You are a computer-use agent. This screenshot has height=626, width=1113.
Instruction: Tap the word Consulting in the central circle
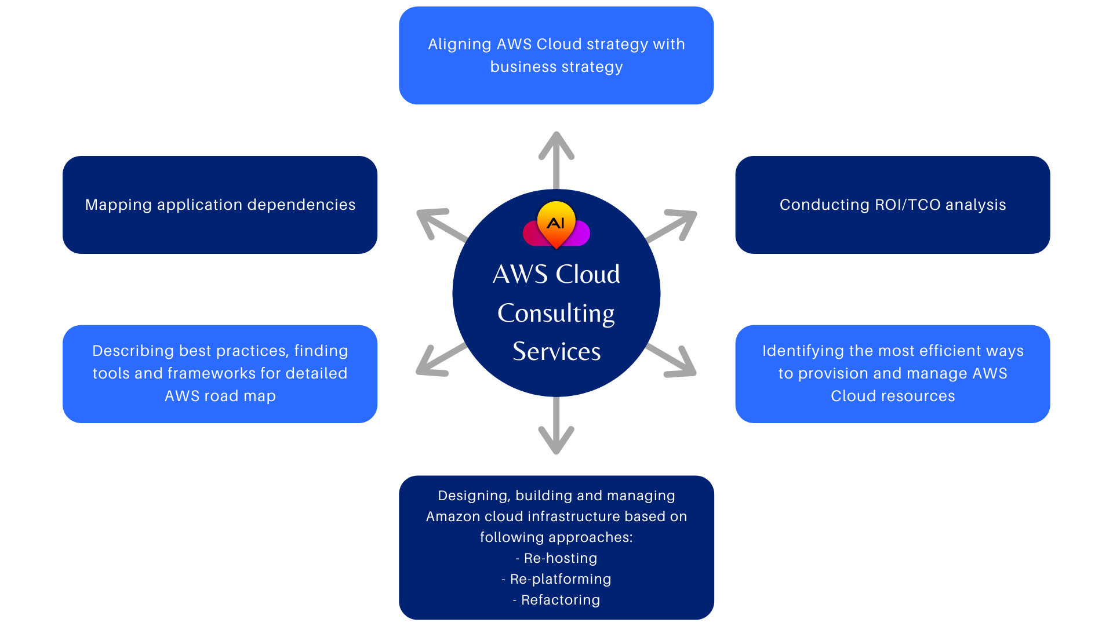(x=556, y=314)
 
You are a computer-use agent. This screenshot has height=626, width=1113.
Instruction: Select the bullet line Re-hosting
(x=556, y=558)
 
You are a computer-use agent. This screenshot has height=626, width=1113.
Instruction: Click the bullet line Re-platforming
(x=556, y=579)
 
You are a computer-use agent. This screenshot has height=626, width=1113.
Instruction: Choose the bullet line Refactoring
(x=556, y=600)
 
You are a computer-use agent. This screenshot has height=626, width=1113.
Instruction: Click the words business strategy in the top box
(x=556, y=67)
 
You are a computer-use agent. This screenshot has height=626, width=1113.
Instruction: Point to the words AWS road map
(x=220, y=396)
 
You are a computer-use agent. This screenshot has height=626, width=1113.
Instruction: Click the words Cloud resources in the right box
(x=892, y=396)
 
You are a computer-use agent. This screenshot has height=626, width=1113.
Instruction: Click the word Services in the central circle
(x=556, y=352)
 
